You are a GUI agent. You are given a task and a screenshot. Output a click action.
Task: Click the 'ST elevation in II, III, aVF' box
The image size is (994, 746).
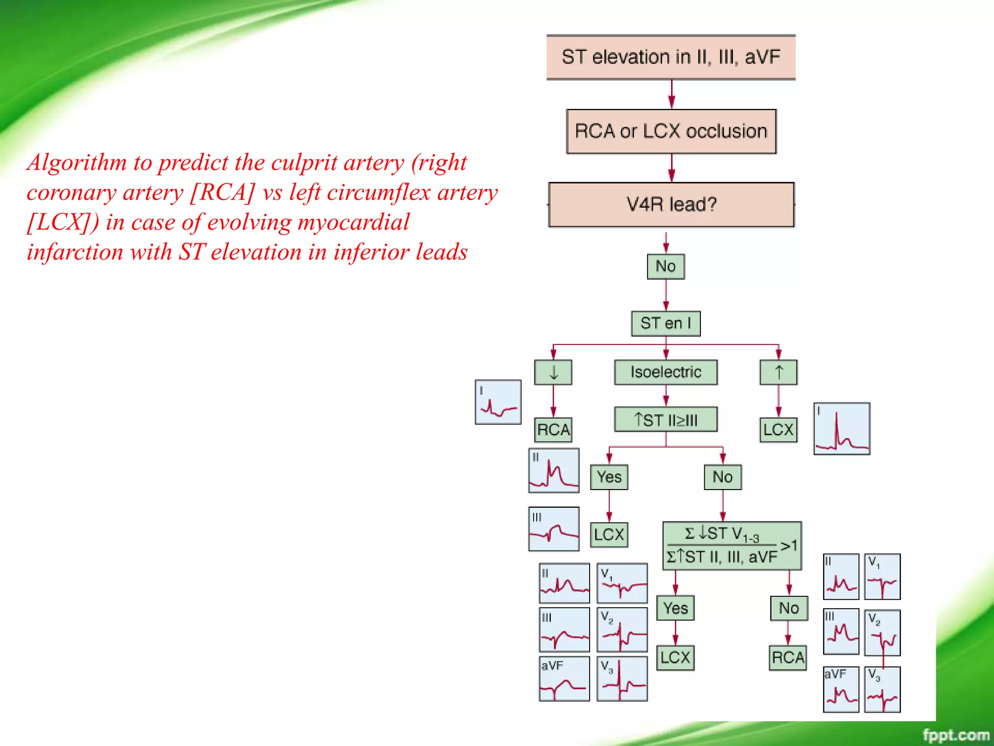(671, 57)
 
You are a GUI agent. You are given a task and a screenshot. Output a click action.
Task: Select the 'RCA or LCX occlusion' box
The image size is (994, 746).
(671, 132)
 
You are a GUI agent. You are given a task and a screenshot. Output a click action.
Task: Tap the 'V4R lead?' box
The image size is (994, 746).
(671, 204)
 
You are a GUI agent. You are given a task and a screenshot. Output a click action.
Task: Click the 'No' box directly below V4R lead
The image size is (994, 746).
(665, 267)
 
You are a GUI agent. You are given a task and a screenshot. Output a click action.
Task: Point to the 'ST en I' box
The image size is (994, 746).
(665, 323)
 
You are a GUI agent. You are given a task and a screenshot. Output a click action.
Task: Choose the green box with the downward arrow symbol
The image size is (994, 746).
(553, 373)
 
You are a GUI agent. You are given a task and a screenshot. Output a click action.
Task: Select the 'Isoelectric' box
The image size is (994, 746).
(665, 373)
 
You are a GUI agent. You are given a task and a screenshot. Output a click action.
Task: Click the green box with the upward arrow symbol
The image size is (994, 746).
(778, 373)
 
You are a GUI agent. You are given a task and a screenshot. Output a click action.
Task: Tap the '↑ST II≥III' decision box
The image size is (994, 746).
(665, 420)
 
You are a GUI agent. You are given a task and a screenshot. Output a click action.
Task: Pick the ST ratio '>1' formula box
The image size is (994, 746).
(732, 546)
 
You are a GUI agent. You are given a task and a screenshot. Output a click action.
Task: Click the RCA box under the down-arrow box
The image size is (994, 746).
(553, 430)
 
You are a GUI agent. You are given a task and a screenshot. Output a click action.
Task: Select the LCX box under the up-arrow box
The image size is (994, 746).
(778, 430)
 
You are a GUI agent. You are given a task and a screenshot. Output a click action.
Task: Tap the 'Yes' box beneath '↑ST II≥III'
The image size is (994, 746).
(609, 477)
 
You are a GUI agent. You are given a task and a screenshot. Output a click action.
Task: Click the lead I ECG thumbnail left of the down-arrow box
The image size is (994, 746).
(498, 402)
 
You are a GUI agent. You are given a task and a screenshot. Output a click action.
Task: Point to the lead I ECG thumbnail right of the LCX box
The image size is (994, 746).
(842, 428)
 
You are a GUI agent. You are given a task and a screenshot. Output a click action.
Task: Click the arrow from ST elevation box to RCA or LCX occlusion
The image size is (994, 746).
(672, 95)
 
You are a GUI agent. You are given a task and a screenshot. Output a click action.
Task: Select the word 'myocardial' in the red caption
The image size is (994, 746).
(354, 222)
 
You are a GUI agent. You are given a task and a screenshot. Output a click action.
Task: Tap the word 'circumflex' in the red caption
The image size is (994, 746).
(379, 192)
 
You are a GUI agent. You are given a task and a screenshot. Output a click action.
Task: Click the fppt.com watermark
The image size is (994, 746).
(955, 735)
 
